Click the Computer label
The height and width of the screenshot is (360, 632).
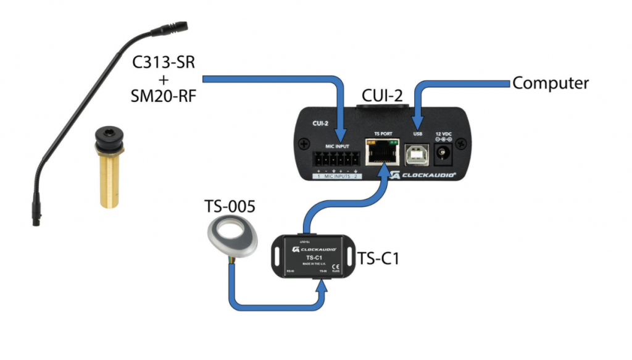[551, 83]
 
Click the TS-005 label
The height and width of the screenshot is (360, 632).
[229, 207]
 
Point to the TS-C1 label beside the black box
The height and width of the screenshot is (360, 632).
[378, 258]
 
